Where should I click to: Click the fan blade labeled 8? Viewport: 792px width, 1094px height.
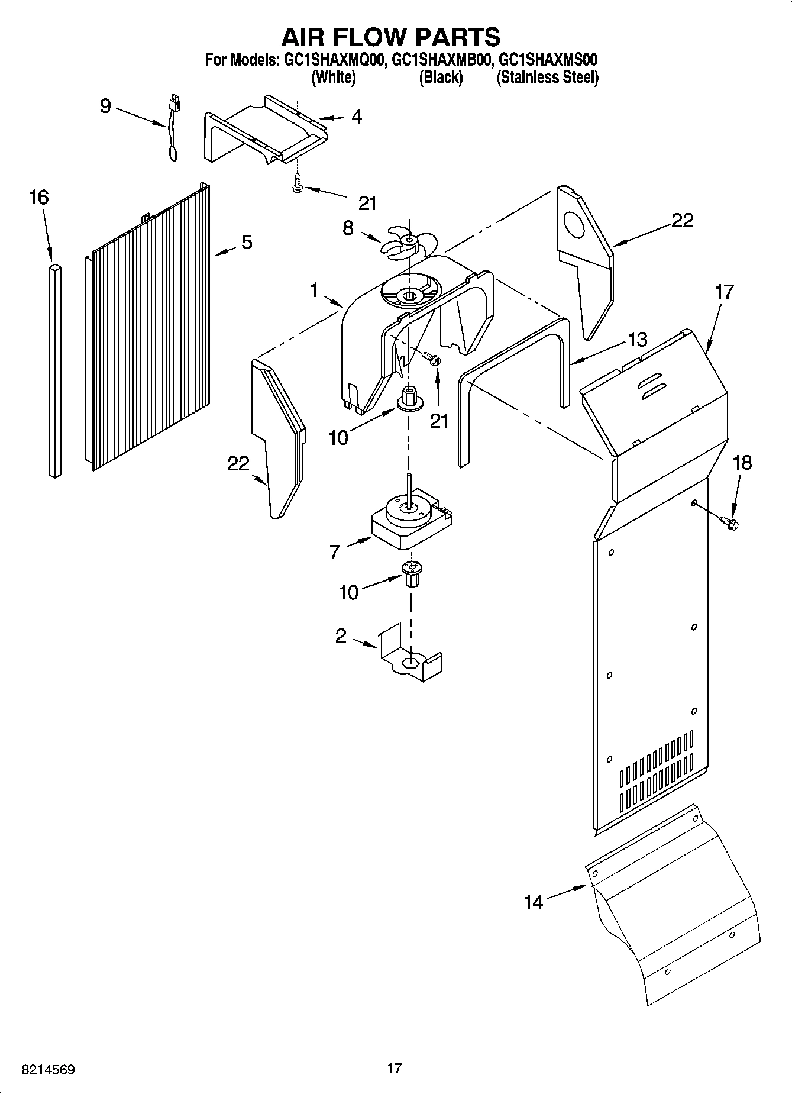[x=407, y=243]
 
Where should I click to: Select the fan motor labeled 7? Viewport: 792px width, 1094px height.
[x=410, y=519]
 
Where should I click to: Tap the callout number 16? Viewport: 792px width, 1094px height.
[x=39, y=198]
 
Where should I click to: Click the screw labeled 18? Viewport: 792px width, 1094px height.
[x=729, y=521]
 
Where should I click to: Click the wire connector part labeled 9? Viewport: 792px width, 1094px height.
[x=174, y=127]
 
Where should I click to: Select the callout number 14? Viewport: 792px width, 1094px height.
[x=533, y=902]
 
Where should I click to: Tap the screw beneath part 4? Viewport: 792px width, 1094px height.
[x=297, y=185]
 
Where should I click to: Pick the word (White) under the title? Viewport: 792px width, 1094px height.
[x=334, y=77]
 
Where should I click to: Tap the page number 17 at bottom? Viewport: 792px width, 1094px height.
[x=395, y=1068]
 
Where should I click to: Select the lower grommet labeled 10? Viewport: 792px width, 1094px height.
[x=409, y=573]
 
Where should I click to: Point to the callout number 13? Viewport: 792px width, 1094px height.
[x=637, y=340]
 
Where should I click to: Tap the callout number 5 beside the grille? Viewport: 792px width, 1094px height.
[x=247, y=241]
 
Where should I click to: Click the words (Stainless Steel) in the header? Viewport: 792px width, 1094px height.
[x=547, y=77]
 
